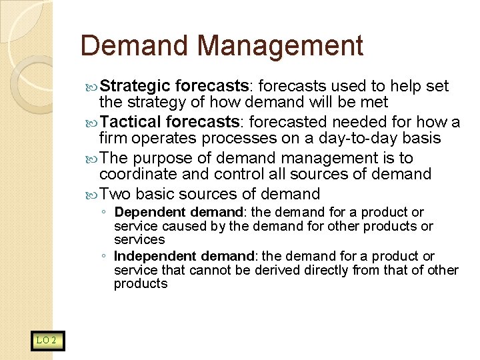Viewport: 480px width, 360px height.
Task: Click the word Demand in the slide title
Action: (135, 46)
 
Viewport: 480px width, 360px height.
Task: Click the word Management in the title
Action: (280, 46)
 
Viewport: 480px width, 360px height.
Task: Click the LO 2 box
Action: (47, 341)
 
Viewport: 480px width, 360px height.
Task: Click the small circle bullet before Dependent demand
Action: (103, 213)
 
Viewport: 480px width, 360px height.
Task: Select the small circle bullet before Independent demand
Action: (103, 257)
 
